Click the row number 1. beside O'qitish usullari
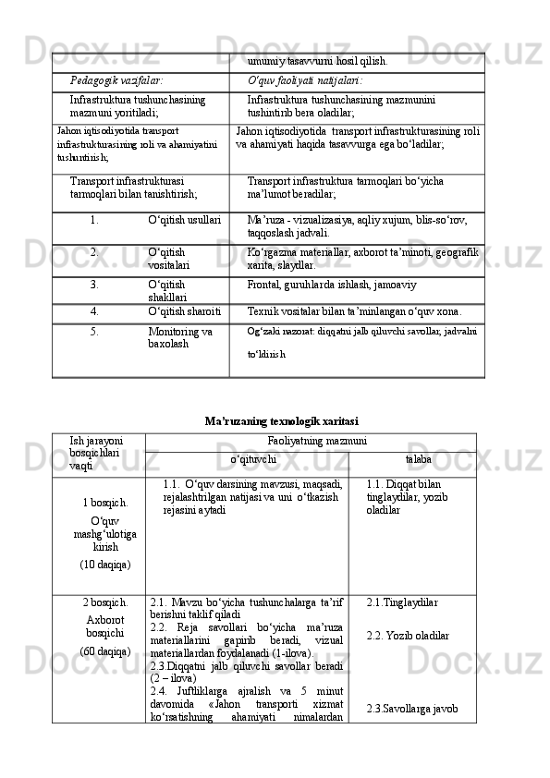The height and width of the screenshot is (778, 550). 95,221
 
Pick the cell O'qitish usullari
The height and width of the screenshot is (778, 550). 184,221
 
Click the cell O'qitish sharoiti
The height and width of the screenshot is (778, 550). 184,313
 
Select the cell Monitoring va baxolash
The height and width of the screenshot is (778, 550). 180,337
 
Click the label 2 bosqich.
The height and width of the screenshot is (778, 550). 105,602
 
